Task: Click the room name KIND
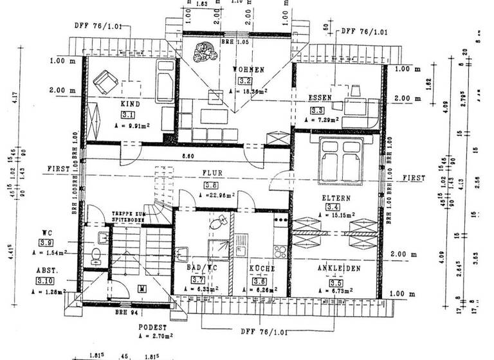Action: click(130, 103)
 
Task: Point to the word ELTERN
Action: click(336, 199)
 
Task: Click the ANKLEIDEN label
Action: click(338, 268)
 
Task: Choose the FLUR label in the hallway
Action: click(212, 173)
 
